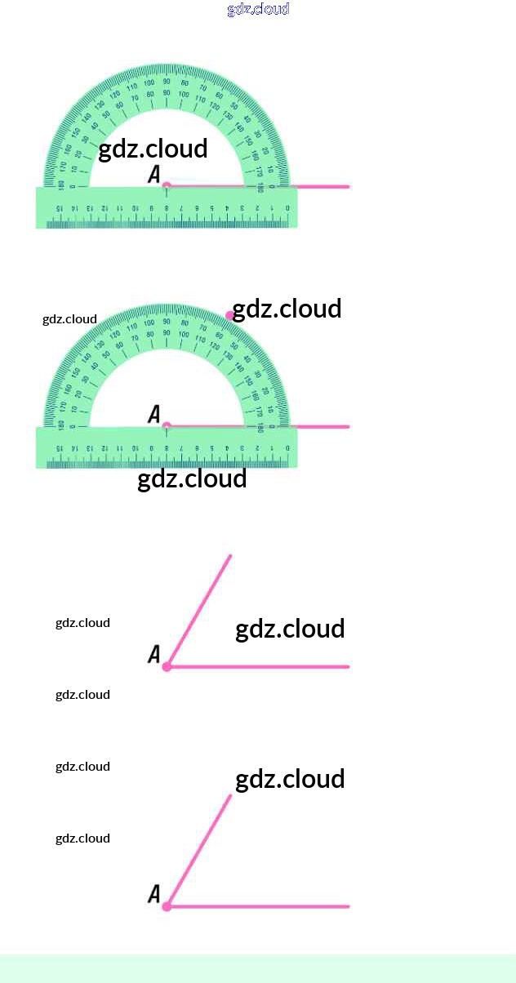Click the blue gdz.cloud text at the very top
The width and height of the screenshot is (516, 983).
click(x=258, y=9)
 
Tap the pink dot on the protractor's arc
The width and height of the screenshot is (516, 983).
click(x=230, y=314)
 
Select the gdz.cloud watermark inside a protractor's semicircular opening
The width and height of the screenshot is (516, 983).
click(x=153, y=149)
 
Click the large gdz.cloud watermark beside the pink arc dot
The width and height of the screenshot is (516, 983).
click(x=287, y=309)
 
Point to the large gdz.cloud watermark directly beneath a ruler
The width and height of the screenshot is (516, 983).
click(x=192, y=478)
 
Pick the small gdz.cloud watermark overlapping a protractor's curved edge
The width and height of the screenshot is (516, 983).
click(x=69, y=319)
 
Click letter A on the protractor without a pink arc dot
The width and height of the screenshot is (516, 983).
click(x=153, y=174)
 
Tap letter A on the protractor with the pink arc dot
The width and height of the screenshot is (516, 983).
click(x=153, y=415)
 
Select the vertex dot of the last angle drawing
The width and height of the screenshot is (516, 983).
click(x=167, y=906)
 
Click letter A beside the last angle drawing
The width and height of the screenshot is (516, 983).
click(x=153, y=895)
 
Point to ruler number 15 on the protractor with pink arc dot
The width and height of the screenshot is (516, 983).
click(x=60, y=449)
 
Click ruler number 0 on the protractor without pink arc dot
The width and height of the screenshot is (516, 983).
click(x=287, y=209)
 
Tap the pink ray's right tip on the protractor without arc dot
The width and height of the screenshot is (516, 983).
click(x=349, y=187)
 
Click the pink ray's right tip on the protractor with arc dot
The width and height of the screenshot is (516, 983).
click(x=349, y=427)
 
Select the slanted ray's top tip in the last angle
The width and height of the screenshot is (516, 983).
click(x=231, y=796)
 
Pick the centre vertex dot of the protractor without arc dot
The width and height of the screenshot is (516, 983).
click(x=167, y=186)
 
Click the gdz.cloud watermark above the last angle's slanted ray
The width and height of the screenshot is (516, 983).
click(x=290, y=779)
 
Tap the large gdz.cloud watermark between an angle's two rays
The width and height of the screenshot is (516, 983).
click(x=290, y=629)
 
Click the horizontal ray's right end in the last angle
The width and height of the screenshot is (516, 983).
click(x=349, y=906)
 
